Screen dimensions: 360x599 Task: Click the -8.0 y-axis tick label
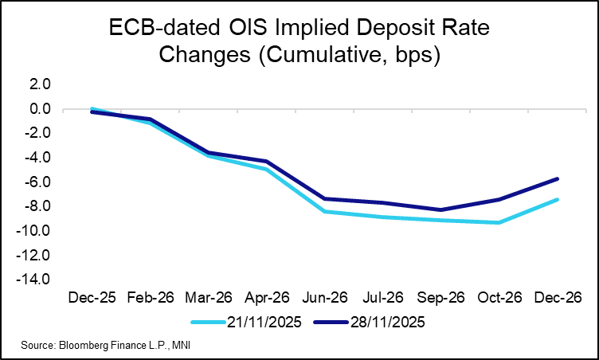click(38, 206)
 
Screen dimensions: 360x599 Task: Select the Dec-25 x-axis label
click(92, 298)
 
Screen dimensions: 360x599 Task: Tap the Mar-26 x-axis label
click(209, 298)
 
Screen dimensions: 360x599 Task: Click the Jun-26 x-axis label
click(325, 298)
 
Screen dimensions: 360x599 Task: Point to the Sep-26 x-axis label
click(442, 298)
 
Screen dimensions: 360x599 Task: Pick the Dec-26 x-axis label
click(558, 298)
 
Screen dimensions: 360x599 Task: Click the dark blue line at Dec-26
click(558, 178)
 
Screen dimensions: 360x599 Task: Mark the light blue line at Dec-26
click(558, 199)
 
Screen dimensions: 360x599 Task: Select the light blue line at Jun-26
click(325, 211)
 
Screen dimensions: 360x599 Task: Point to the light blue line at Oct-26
click(500, 222)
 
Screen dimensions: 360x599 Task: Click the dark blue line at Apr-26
click(267, 162)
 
